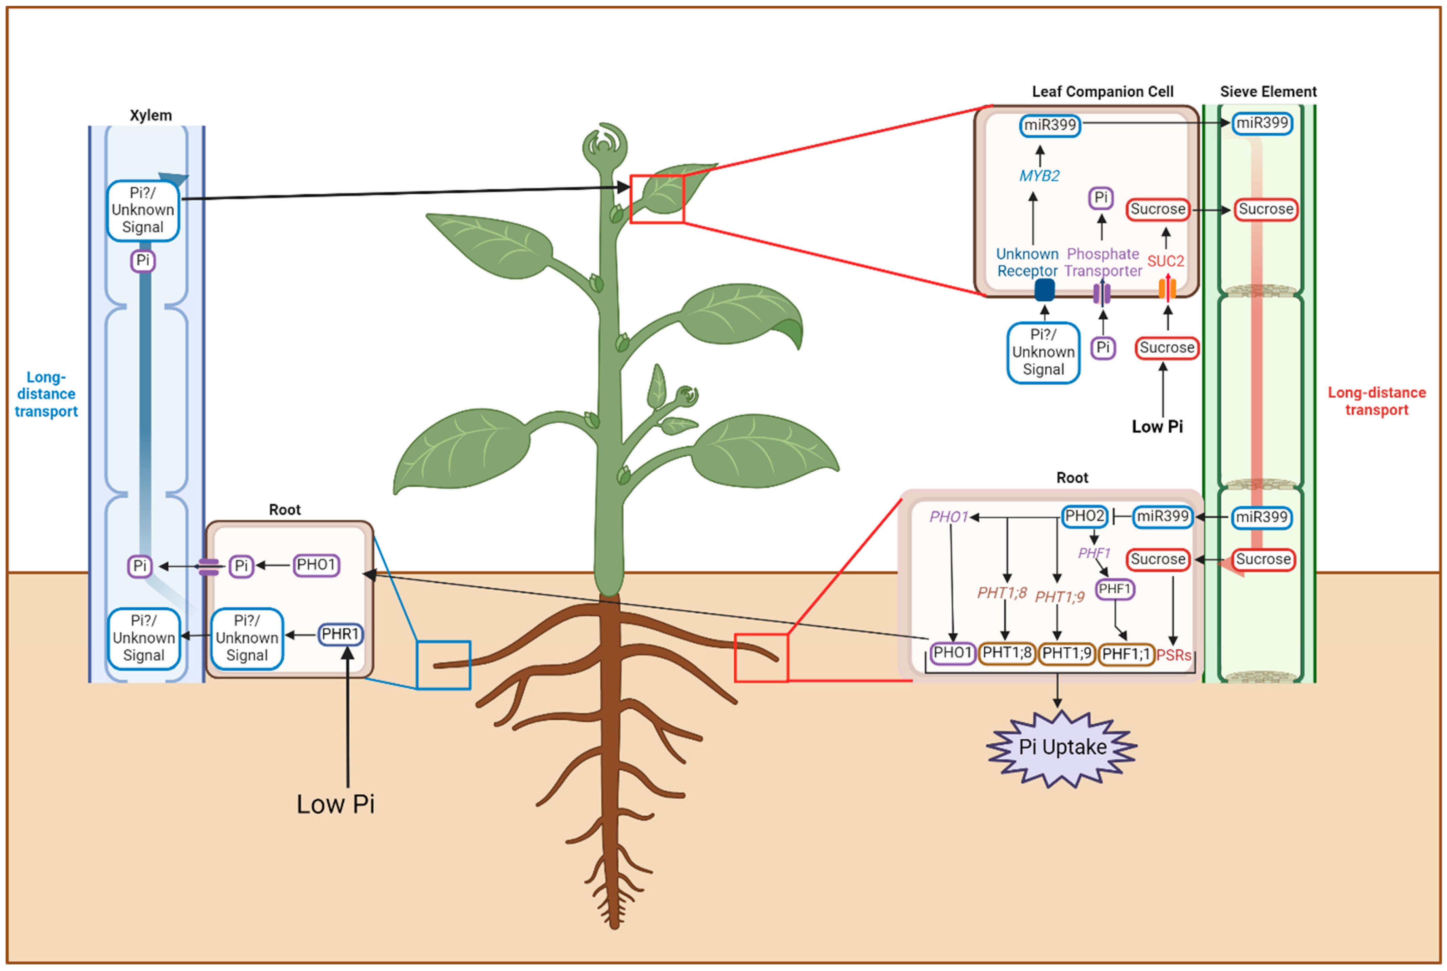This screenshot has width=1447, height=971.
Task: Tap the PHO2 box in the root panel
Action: tap(1084, 516)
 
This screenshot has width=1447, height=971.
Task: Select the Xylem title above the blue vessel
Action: tap(151, 115)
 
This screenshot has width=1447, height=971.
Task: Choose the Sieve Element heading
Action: tap(1268, 92)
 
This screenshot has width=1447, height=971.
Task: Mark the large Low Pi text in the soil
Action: tap(335, 804)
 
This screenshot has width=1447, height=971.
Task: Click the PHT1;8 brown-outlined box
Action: tap(1006, 653)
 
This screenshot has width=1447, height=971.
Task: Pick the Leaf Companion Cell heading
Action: tap(1102, 92)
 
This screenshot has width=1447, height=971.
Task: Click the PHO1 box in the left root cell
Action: tap(316, 565)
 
